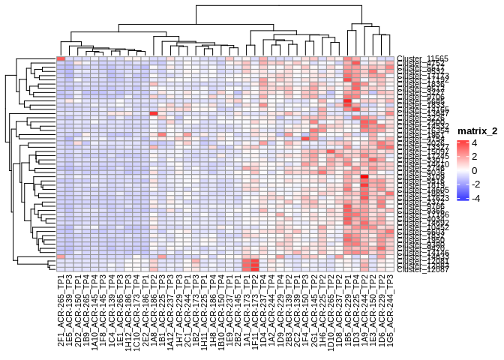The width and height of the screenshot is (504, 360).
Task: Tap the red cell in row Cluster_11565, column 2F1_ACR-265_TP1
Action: [61, 58]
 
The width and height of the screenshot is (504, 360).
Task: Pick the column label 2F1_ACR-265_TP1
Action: [61, 308]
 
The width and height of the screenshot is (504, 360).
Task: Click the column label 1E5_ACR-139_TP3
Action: [69, 308]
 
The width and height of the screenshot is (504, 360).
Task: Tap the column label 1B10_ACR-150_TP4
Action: [221, 308]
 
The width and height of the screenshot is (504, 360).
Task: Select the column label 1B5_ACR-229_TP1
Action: [348, 308]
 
